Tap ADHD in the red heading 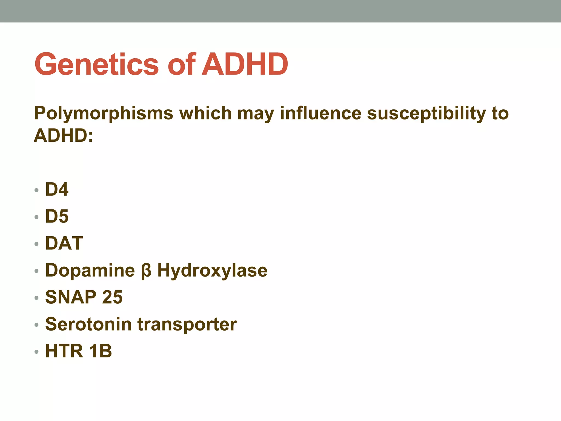point(245,64)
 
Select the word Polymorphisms point(104,113)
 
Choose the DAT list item point(64,243)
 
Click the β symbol point(146,271)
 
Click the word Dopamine point(90,270)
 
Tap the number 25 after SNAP point(112,297)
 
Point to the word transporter point(187,325)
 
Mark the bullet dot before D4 point(37,190)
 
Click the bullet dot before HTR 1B point(37,352)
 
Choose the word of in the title point(181,64)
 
